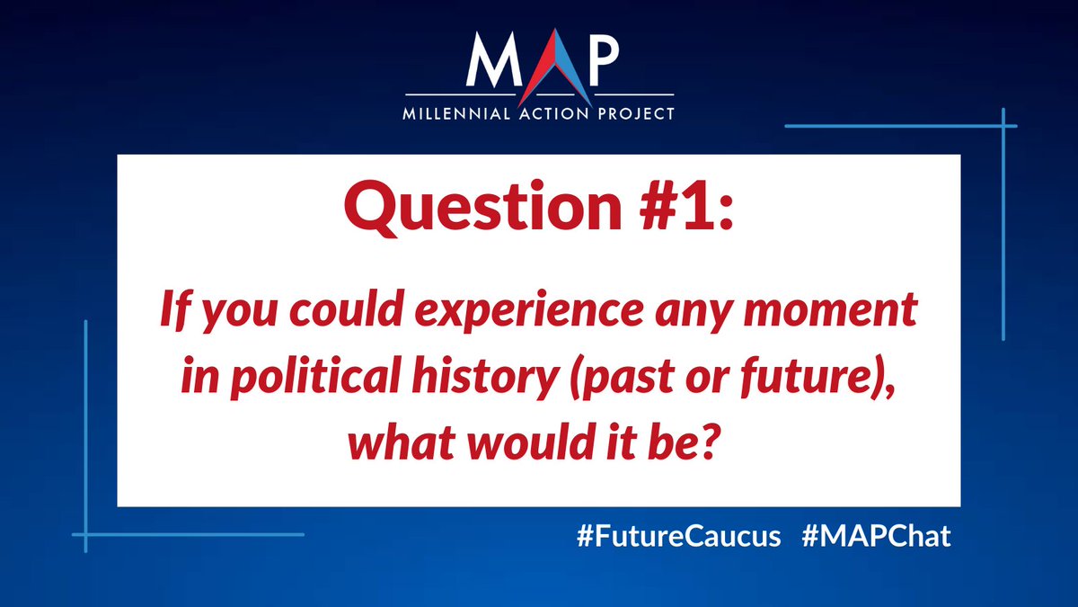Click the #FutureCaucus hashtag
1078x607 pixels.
tap(678, 538)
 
